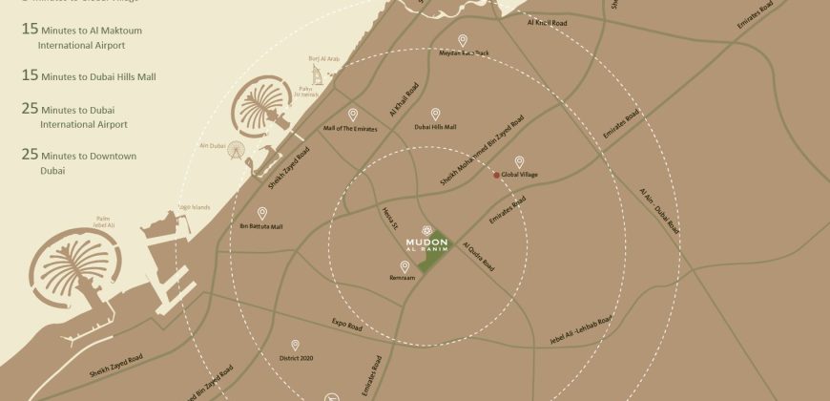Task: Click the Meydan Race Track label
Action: (x=463, y=53)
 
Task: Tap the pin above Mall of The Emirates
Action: (x=352, y=114)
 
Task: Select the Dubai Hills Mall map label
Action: (x=435, y=127)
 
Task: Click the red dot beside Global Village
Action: (x=496, y=176)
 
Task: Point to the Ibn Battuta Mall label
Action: (x=261, y=226)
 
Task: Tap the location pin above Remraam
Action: (x=405, y=266)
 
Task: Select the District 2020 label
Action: (x=296, y=359)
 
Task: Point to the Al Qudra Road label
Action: (x=478, y=256)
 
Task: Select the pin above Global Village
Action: (x=519, y=162)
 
